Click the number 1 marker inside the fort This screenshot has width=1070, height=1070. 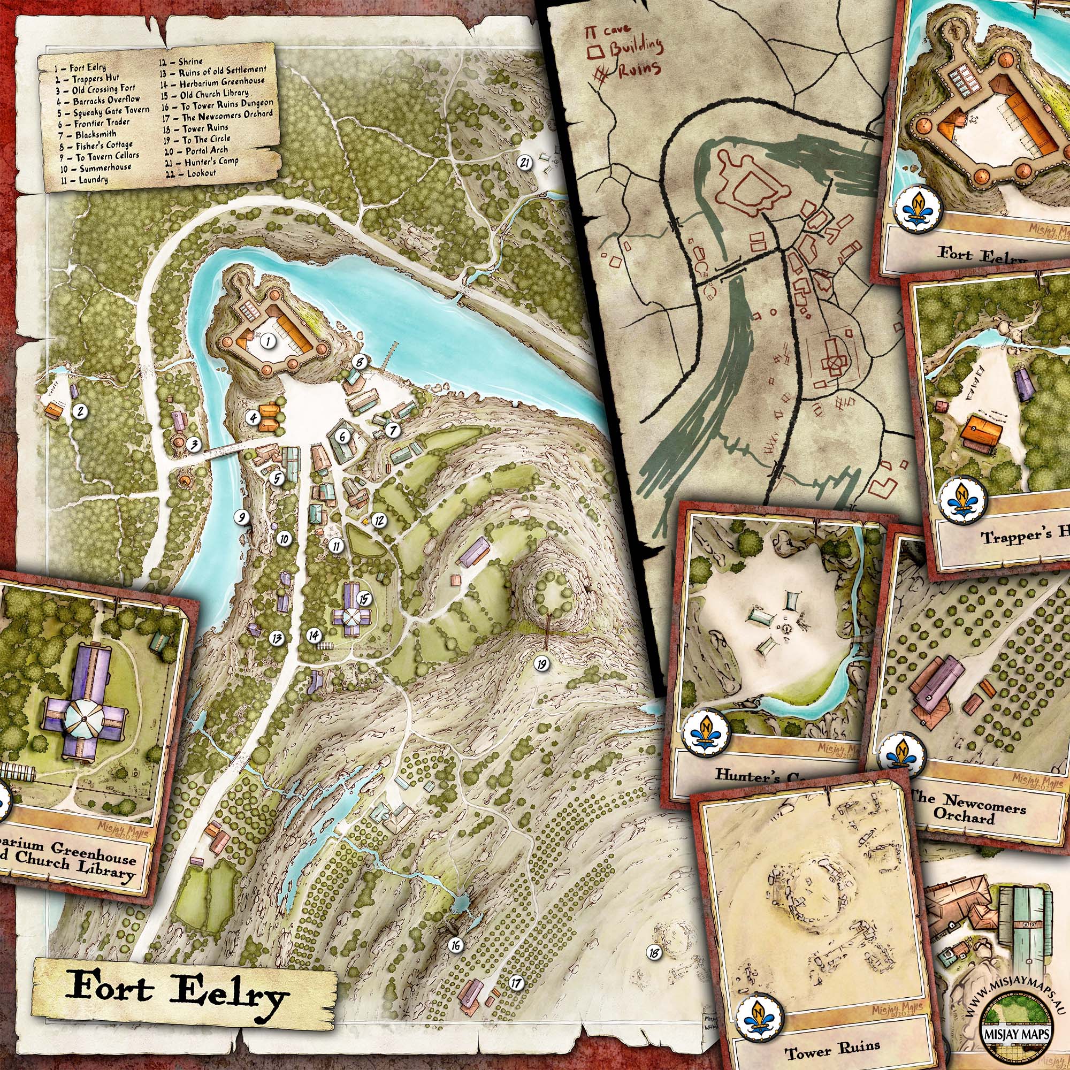point(268,342)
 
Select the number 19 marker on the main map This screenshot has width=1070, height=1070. point(542,663)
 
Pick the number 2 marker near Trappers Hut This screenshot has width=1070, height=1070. point(80,411)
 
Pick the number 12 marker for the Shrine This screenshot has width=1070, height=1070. point(379,520)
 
